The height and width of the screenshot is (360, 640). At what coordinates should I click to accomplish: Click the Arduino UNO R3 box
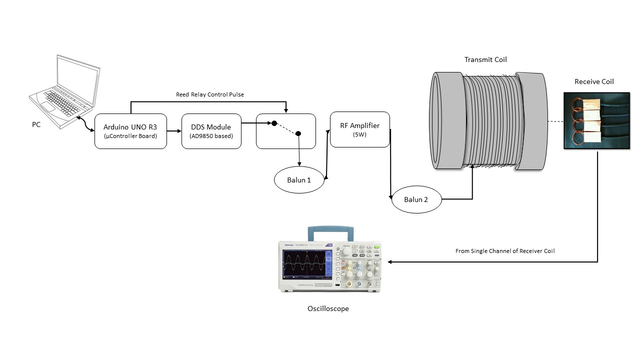[x=130, y=131]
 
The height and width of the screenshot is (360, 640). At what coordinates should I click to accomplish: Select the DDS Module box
[x=210, y=131]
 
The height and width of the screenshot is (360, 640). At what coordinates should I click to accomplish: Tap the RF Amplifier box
[x=359, y=129]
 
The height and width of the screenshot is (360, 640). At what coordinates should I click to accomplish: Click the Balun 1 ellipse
[x=299, y=180]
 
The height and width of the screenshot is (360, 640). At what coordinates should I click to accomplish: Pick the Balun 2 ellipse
[x=416, y=200]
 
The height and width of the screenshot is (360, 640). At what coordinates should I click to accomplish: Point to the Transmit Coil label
[x=485, y=60]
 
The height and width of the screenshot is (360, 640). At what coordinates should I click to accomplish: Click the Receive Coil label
[x=594, y=81]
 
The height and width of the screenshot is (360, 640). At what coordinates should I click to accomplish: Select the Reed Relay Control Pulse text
[x=210, y=94]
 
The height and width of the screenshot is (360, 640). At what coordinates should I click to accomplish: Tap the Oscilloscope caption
[x=328, y=308]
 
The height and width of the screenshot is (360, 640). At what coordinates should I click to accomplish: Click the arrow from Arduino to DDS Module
[x=173, y=131]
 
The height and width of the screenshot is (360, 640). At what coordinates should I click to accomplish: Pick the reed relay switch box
[x=286, y=131]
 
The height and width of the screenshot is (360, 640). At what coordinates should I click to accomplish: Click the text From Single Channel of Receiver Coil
[x=505, y=251]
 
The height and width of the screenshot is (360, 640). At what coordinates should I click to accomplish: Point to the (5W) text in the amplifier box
[x=360, y=134]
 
